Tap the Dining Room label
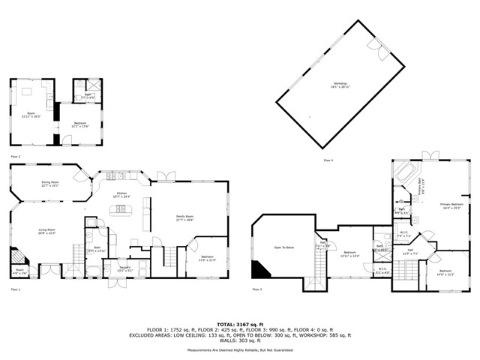[x=49, y=184]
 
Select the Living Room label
[x=47, y=232]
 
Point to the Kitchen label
[x=121, y=196]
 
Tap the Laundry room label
[x=125, y=269]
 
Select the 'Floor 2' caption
[x=14, y=156]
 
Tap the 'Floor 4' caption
[x=328, y=160]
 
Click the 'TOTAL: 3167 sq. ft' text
[x=240, y=323]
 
